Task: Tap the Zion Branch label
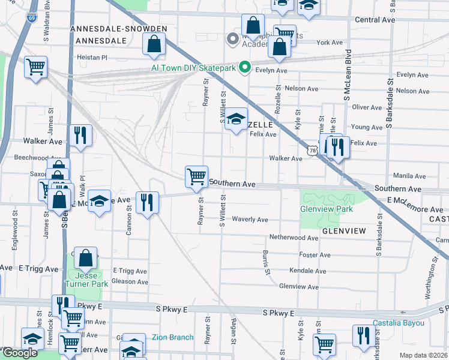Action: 172,337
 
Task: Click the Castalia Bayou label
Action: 399,323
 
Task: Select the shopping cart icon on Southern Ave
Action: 196,176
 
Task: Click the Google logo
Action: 20,353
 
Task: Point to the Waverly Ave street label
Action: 250,220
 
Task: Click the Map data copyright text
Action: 423,355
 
